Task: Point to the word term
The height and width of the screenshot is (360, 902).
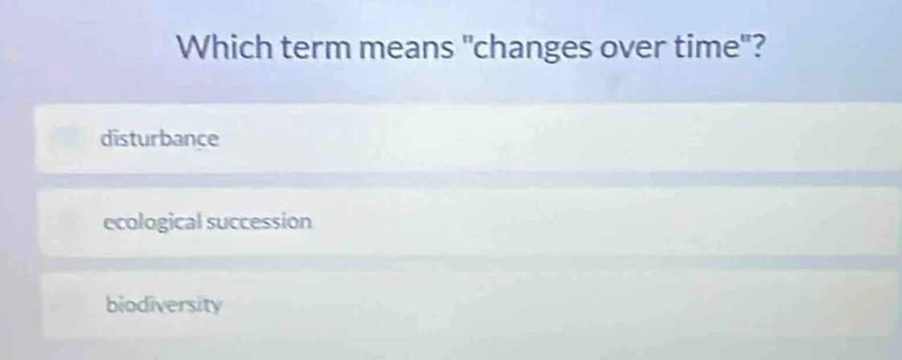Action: click(x=301, y=51)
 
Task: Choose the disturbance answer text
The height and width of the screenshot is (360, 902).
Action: click(x=159, y=138)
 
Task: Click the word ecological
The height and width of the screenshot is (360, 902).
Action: click(x=153, y=222)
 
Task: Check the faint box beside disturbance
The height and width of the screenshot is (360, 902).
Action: click(x=68, y=137)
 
